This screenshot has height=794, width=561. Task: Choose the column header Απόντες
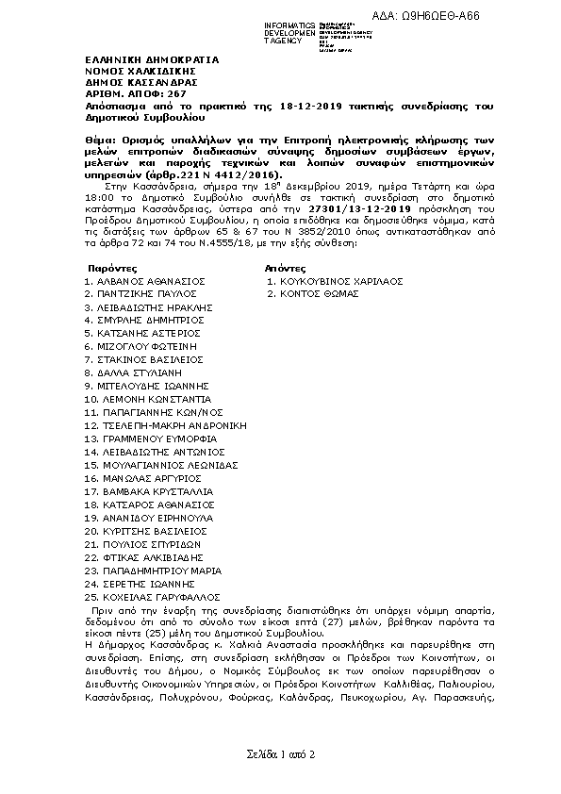pyautogui.click(x=287, y=269)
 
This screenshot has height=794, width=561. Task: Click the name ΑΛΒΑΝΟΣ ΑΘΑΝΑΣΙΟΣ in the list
pyautogui.click(x=151, y=281)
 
